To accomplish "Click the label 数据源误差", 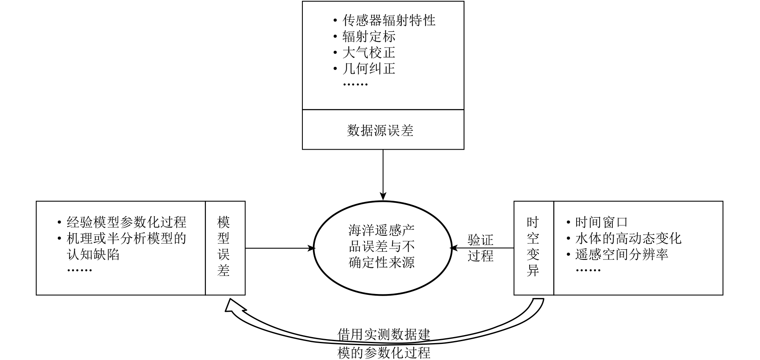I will [x=380, y=130].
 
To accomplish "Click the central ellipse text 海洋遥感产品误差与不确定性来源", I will [x=381, y=247].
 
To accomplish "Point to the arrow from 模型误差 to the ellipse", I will [x=279, y=248].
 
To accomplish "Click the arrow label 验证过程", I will [x=481, y=248].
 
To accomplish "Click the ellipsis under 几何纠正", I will [x=355, y=84].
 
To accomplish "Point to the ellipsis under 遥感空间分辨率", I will [x=588, y=270].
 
